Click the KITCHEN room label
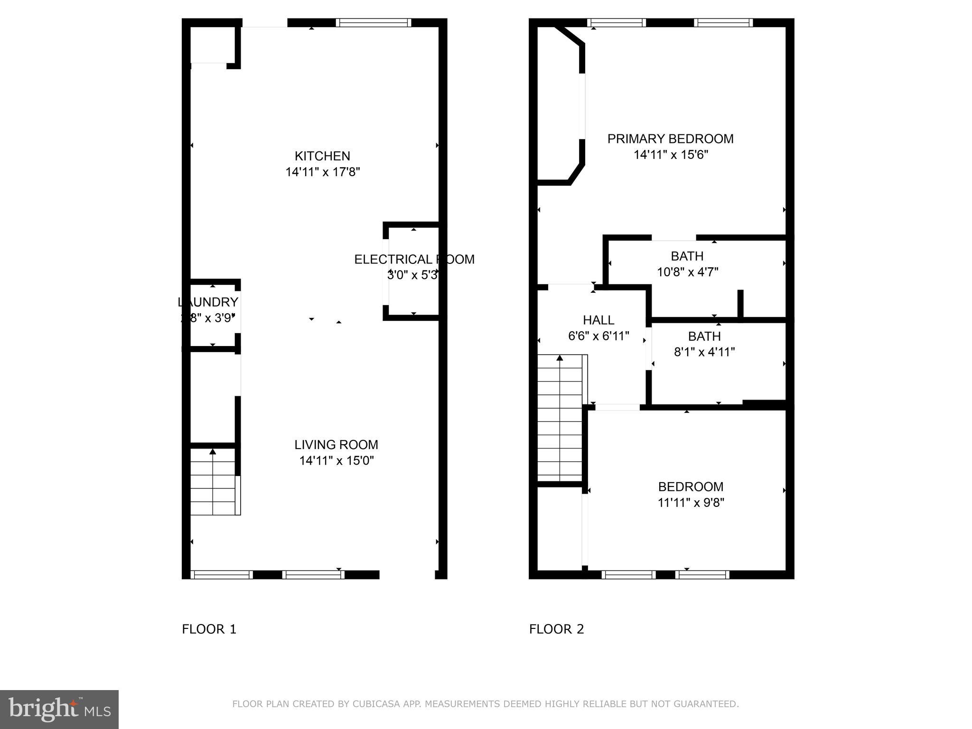322,156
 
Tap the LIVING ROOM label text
336,445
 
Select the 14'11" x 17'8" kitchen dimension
322,172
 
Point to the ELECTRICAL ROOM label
414,260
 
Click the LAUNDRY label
208,302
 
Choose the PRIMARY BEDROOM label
670,139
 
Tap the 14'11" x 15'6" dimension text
671,155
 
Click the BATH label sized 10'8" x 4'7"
687,256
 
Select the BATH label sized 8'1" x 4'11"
704,336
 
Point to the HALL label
598,320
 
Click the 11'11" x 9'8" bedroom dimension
691,502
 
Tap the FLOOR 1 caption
209,629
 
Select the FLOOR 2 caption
556,629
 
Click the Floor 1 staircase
213,482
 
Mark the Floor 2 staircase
560,418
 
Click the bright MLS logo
59,709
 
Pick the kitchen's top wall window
373,22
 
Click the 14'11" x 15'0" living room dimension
336,460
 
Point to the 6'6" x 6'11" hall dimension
598,336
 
